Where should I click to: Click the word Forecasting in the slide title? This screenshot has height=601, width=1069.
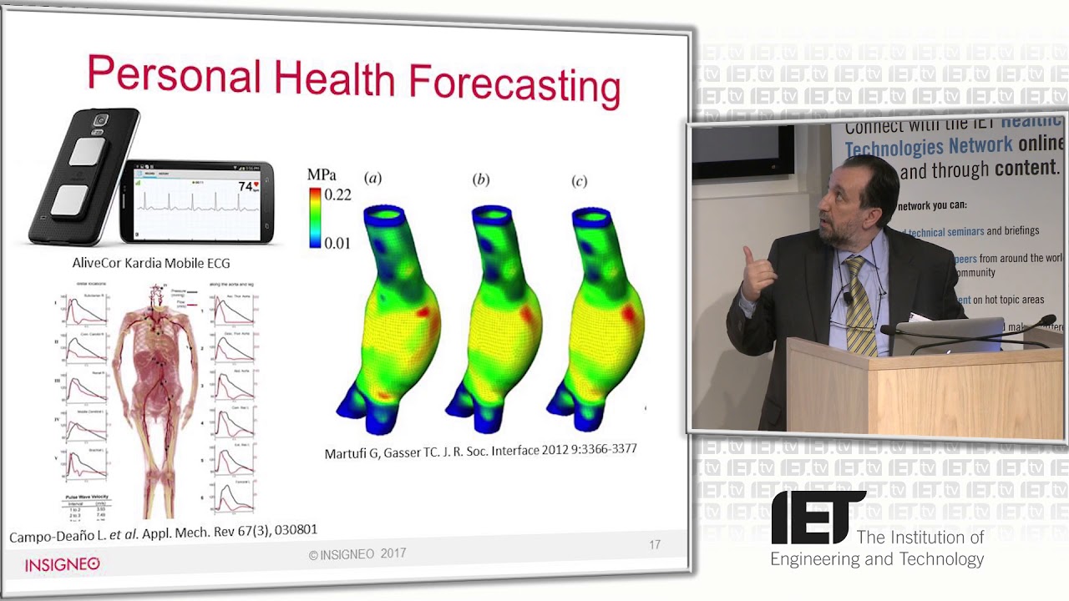click(x=514, y=83)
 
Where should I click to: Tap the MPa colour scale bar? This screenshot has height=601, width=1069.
click(x=315, y=217)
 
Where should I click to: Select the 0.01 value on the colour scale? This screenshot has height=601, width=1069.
click(x=337, y=243)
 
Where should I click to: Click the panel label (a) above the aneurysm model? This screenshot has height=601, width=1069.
click(x=373, y=178)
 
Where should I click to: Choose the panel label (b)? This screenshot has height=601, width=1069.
click(x=481, y=179)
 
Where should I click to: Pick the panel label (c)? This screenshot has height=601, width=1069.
click(x=579, y=181)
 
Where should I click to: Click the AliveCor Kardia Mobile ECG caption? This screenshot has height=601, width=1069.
click(x=151, y=263)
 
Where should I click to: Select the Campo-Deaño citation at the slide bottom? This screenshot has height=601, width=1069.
click(x=163, y=533)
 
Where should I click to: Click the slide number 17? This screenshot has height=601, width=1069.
click(x=655, y=545)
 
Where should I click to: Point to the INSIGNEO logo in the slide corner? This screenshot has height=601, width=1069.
click(x=62, y=564)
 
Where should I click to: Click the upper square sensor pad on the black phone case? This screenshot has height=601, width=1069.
click(x=84, y=152)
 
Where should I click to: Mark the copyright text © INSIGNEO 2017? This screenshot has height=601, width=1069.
click(x=357, y=554)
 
